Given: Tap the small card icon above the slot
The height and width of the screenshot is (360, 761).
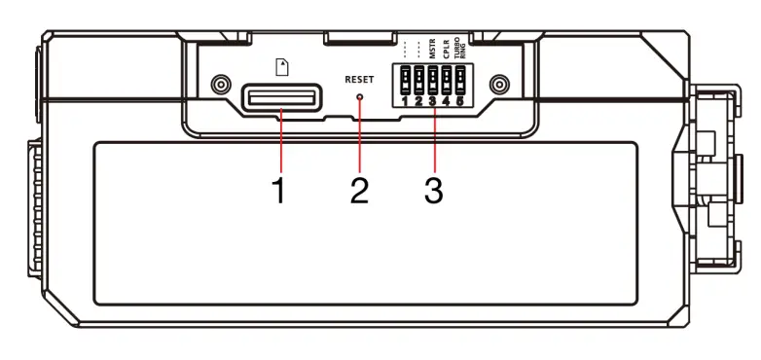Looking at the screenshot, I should coord(283,67).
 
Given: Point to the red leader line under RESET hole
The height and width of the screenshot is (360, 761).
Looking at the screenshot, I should coord(360,136).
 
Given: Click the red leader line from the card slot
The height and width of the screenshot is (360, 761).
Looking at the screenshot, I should coord(281,141).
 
